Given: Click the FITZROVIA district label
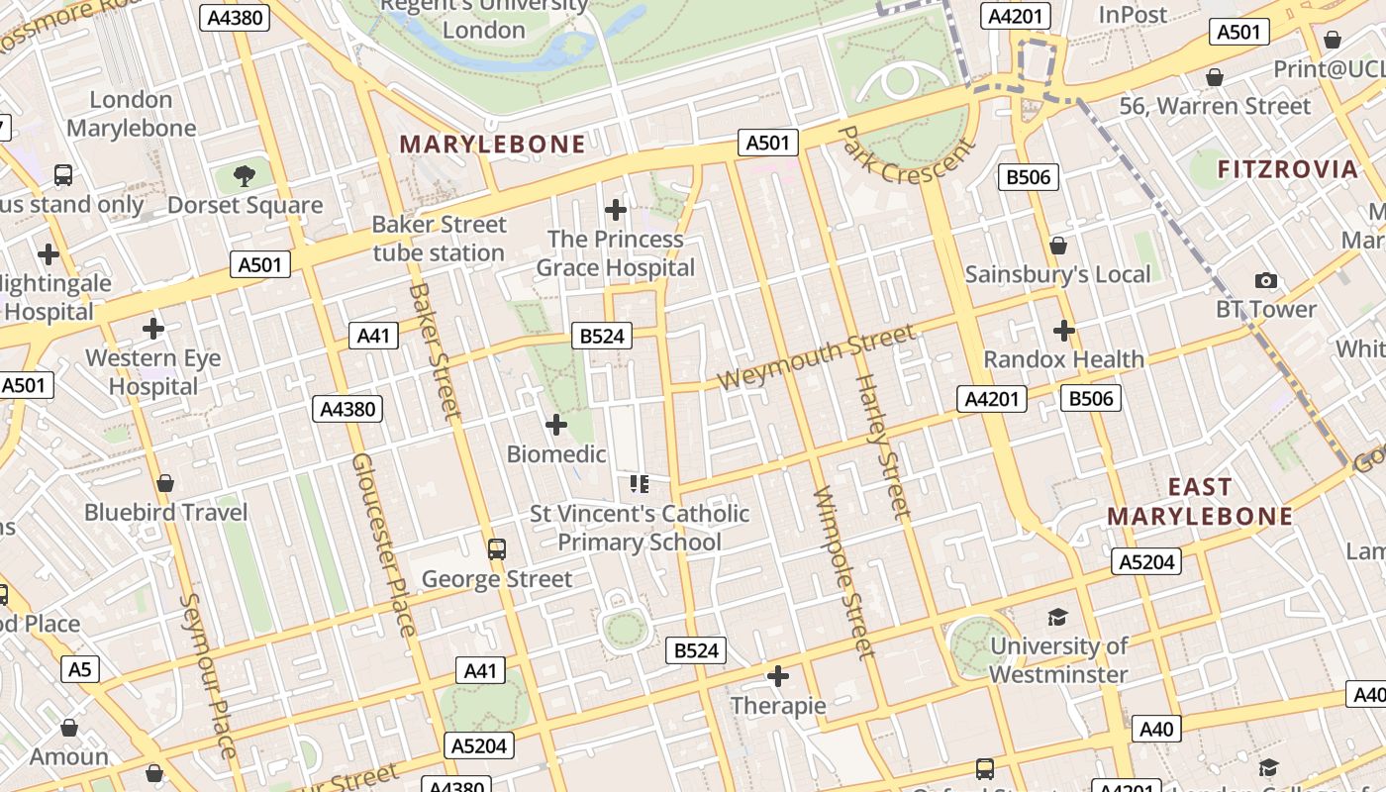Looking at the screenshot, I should [x=1287, y=169].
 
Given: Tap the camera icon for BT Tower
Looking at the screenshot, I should [x=1265, y=281].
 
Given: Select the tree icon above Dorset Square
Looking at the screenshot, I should [x=244, y=176].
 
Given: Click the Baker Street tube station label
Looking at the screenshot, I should [x=439, y=239].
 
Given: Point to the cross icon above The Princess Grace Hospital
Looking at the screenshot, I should [x=616, y=210].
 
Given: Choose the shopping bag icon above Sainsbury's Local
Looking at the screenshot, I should [x=1058, y=246].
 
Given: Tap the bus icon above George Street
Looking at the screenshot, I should [x=497, y=549].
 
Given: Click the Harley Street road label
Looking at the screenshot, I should [x=881, y=445].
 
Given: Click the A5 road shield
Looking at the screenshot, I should [x=79, y=669].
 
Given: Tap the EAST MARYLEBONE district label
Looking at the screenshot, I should [x=1200, y=501].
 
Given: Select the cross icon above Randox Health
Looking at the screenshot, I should [x=1064, y=330].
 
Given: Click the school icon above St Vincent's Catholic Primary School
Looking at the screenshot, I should [x=639, y=484].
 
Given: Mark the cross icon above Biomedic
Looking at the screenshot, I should [x=556, y=425].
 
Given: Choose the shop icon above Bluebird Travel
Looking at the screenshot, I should [x=165, y=483].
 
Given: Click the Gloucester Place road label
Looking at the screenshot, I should [x=383, y=544].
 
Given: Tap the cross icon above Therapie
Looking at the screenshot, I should [x=778, y=676].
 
